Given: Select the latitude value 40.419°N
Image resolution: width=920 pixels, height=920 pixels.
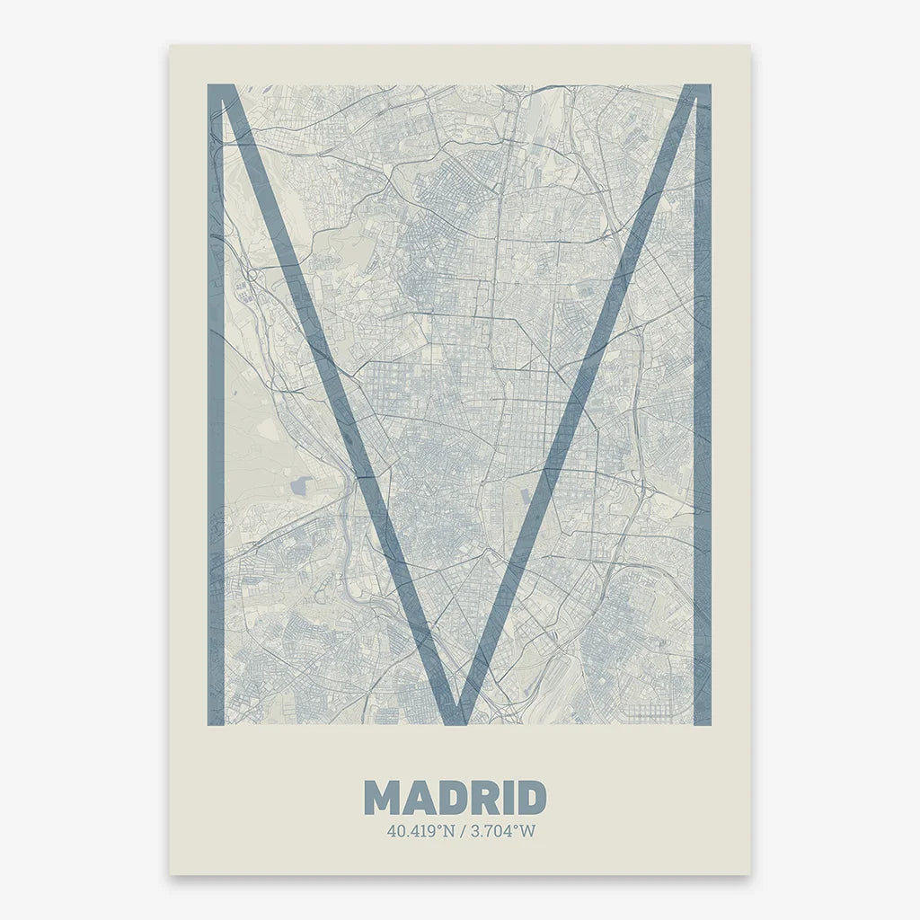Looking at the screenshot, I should pyautogui.click(x=420, y=831).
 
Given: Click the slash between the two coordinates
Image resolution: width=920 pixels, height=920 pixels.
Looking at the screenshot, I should pyautogui.click(x=462, y=831).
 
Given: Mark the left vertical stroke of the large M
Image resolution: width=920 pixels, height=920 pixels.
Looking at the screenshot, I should pyautogui.click(x=216, y=404).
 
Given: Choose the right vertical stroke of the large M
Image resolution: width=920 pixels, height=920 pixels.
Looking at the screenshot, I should pyautogui.click(x=702, y=404).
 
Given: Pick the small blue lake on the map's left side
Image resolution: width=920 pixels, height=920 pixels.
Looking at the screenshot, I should pyautogui.click(x=299, y=486).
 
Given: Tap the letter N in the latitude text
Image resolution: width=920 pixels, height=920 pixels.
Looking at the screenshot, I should pyautogui.click(x=447, y=831).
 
